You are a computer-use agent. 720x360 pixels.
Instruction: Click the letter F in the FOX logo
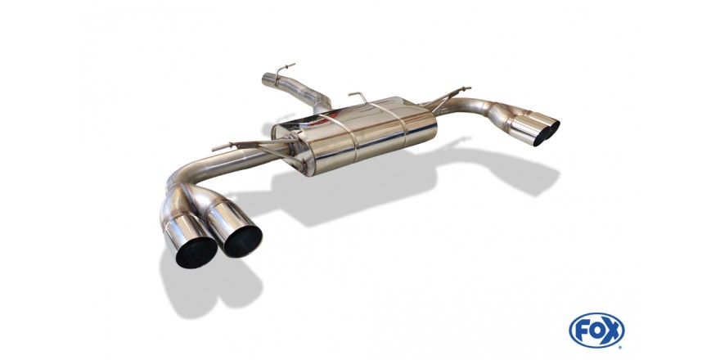click(580, 331)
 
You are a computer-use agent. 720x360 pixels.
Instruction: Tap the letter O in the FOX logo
click(596, 331)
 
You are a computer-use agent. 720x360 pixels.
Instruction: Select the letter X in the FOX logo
click(612, 331)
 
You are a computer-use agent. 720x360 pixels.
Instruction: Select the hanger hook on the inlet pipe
click(283, 69)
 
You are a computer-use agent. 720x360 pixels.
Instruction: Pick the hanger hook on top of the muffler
click(359, 97)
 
